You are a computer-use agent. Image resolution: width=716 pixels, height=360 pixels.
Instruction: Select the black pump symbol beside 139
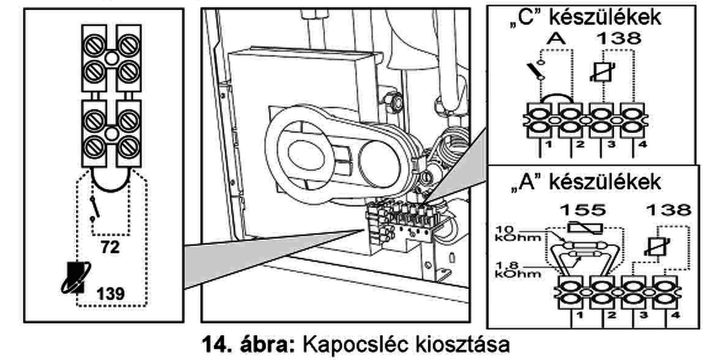tap(73, 278)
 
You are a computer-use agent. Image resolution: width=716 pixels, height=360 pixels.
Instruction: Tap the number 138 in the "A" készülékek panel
tap(668, 210)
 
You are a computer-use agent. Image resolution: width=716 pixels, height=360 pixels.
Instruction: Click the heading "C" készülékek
tap(585, 17)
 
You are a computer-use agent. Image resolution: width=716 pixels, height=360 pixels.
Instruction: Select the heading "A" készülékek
tap(585, 182)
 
